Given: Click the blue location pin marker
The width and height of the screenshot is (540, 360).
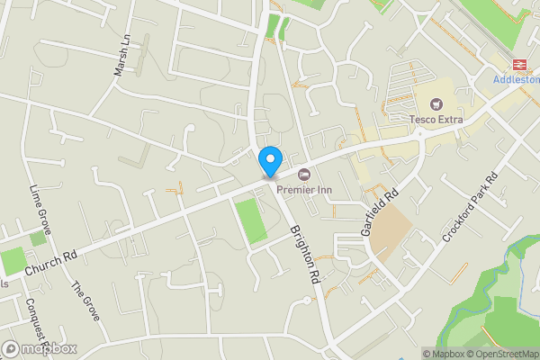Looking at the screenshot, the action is pos(269,162).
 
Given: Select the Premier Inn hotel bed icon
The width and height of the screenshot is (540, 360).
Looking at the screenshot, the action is pos(303,173).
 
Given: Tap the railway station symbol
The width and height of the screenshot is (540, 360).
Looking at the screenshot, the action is pos(519,63).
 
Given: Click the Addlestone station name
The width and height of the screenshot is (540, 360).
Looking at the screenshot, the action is pos(517,79).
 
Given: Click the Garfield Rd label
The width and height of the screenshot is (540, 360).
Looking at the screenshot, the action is pos(379,212).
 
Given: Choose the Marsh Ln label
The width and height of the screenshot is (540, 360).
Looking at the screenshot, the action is pos(123,56).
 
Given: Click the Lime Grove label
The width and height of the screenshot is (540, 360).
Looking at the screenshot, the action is pos(40,210).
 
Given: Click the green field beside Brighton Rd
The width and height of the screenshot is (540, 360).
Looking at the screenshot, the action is pos(251,220).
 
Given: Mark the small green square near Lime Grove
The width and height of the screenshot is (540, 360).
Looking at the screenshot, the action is pos(38,238).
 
